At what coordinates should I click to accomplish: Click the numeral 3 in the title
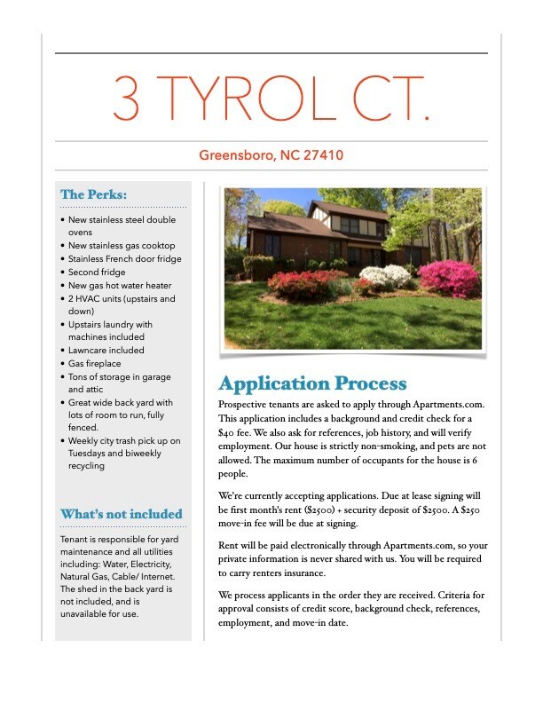(x=126, y=99)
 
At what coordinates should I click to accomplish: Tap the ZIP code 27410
(x=323, y=155)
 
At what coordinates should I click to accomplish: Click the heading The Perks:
(x=93, y=194)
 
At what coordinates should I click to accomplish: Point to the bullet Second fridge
(x=97, y=272)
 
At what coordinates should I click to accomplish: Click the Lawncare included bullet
(x=106, y=350)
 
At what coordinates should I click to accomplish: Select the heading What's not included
(x=122, y=514)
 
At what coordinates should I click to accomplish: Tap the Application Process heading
(x=312, y=383)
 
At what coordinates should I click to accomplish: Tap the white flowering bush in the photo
(x=385, y=276)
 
